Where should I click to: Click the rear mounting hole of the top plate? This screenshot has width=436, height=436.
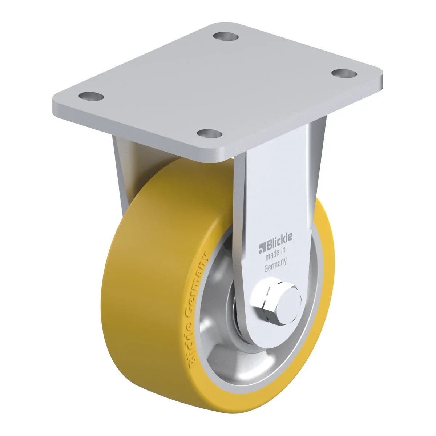coord(226,36)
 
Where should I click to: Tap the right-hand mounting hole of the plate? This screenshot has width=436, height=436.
coord(344,73)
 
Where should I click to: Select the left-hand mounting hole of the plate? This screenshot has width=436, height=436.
coord(91,97)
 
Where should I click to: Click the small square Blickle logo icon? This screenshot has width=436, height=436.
coord(262,249)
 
